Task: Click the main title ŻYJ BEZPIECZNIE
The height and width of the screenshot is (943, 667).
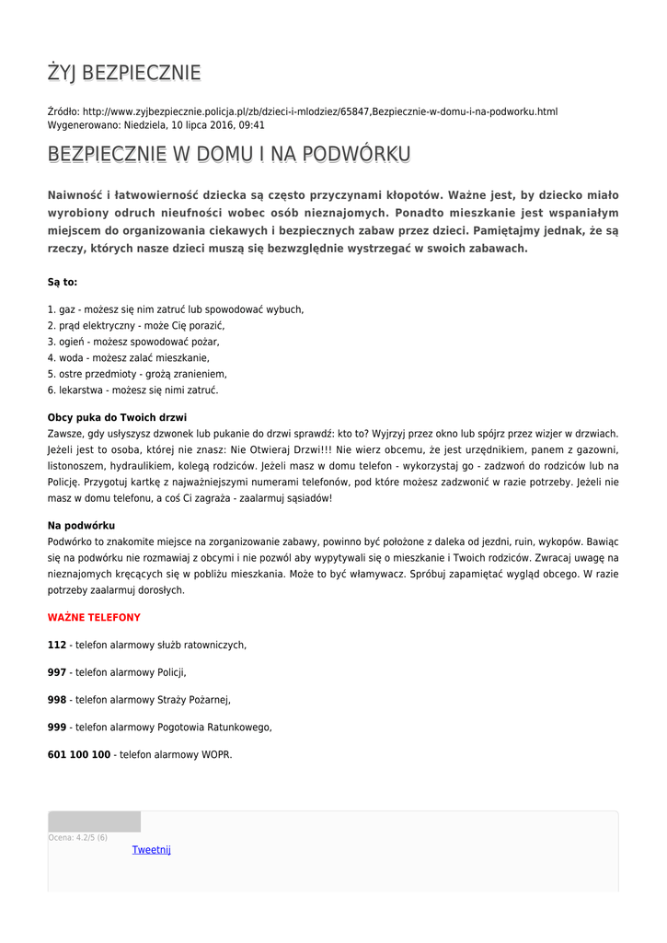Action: click(x=124, y=73)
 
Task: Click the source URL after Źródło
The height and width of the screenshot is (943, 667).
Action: click(x=320, y=111)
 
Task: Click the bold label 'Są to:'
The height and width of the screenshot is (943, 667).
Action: click(x=63, y=282)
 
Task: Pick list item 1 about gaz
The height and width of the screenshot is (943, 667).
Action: click(x=176, y=309)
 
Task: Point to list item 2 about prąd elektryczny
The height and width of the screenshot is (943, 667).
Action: click(x=136, y=325)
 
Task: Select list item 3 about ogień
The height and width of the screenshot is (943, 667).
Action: click(x=133, y=342)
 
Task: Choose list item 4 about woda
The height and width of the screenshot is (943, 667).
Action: click(x=129, y=357)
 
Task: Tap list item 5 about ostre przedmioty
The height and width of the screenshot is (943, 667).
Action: click(x=137, y=374)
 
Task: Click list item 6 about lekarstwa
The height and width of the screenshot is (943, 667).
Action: click(x=132, y=390)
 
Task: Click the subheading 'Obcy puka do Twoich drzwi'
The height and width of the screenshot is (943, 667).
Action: click(x=117, y=417)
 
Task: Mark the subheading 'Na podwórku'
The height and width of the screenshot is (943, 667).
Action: click(x=81, y=525)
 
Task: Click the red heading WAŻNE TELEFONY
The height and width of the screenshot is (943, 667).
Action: click(x=94, y=618)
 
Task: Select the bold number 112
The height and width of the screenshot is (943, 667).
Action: click(x=57, y=645)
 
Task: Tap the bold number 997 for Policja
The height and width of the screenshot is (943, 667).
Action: click(x=57, y=672)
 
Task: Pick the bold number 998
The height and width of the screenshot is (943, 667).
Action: click(x=57, y=700)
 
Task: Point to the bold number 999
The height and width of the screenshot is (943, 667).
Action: click(x=57, y=727)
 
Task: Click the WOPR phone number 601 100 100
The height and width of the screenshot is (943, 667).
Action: click(x=79, y=754)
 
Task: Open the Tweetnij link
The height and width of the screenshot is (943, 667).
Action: click(x=152, y=850)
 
